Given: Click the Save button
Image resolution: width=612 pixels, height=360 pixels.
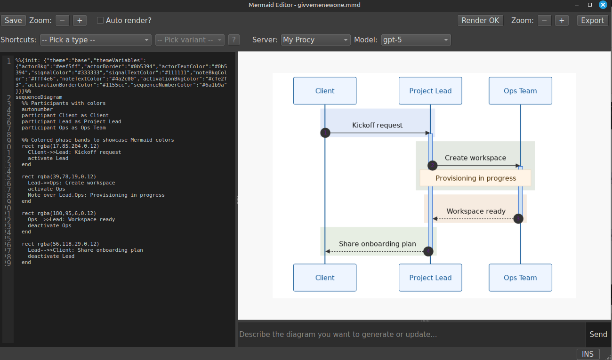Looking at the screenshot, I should [13, 20].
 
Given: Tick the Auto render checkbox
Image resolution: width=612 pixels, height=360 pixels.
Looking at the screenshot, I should [100, 20].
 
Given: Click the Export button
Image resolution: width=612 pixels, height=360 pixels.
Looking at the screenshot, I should [592, 20].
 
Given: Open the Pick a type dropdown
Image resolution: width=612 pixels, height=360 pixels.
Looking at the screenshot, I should [95, 40].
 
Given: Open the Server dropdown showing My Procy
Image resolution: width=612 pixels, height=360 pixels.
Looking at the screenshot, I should [316, 40].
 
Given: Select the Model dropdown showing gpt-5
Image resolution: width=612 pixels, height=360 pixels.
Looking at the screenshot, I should [415, 40].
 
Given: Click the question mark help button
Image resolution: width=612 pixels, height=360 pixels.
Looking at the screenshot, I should [234, 40].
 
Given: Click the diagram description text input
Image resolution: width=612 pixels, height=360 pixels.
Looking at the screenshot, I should [411, 334].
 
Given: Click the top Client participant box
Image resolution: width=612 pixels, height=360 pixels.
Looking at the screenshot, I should [325, 91].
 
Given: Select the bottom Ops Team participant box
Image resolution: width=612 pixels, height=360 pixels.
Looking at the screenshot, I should [520, 278].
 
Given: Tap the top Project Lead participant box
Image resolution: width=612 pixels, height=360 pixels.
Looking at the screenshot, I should [430, 91].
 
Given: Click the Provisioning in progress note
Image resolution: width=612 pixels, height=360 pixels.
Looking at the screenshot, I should [475, 178].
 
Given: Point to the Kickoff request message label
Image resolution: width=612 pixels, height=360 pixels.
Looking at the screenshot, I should [377, 125].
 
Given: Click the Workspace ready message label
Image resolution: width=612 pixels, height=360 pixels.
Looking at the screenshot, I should [476, 211].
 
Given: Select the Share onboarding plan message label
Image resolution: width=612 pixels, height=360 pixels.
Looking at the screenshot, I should [377, 244].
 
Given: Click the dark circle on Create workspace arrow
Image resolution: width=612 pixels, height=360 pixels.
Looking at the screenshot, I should [433, 165].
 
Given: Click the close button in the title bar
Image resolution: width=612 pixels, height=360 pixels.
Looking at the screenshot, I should [603, 5].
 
